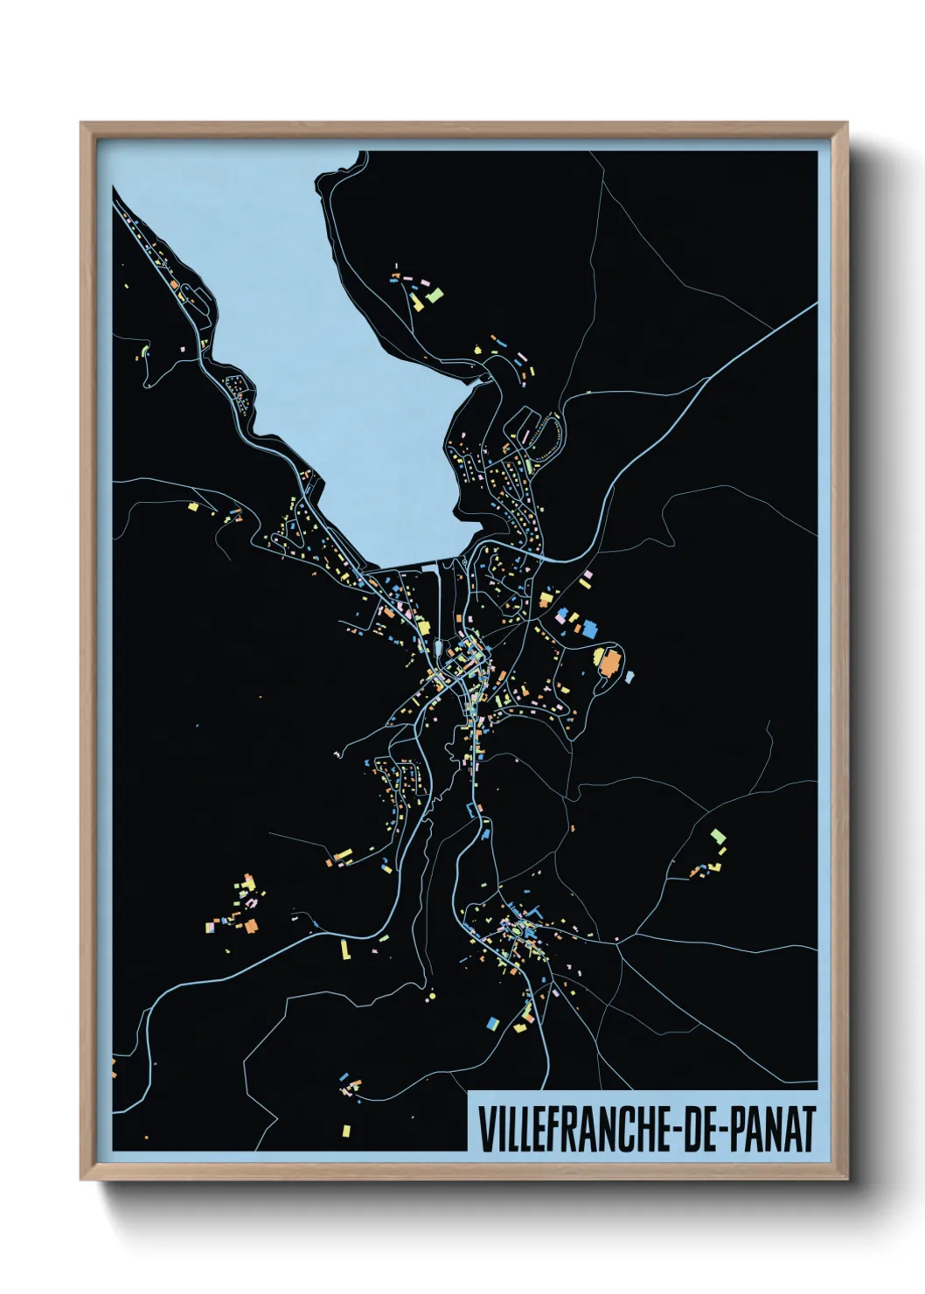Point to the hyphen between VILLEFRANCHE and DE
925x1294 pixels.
(x=676, y=1129)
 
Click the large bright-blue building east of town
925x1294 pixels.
(x=589, y=627)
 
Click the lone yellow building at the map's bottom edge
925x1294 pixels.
(x=346, y=1131)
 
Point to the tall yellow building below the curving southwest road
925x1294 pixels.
(x=344, y=949)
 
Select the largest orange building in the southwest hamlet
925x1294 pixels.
(x=252, y=924)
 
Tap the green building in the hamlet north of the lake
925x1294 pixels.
(x=435, y=295)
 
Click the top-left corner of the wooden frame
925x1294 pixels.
(x=82, y=124)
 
